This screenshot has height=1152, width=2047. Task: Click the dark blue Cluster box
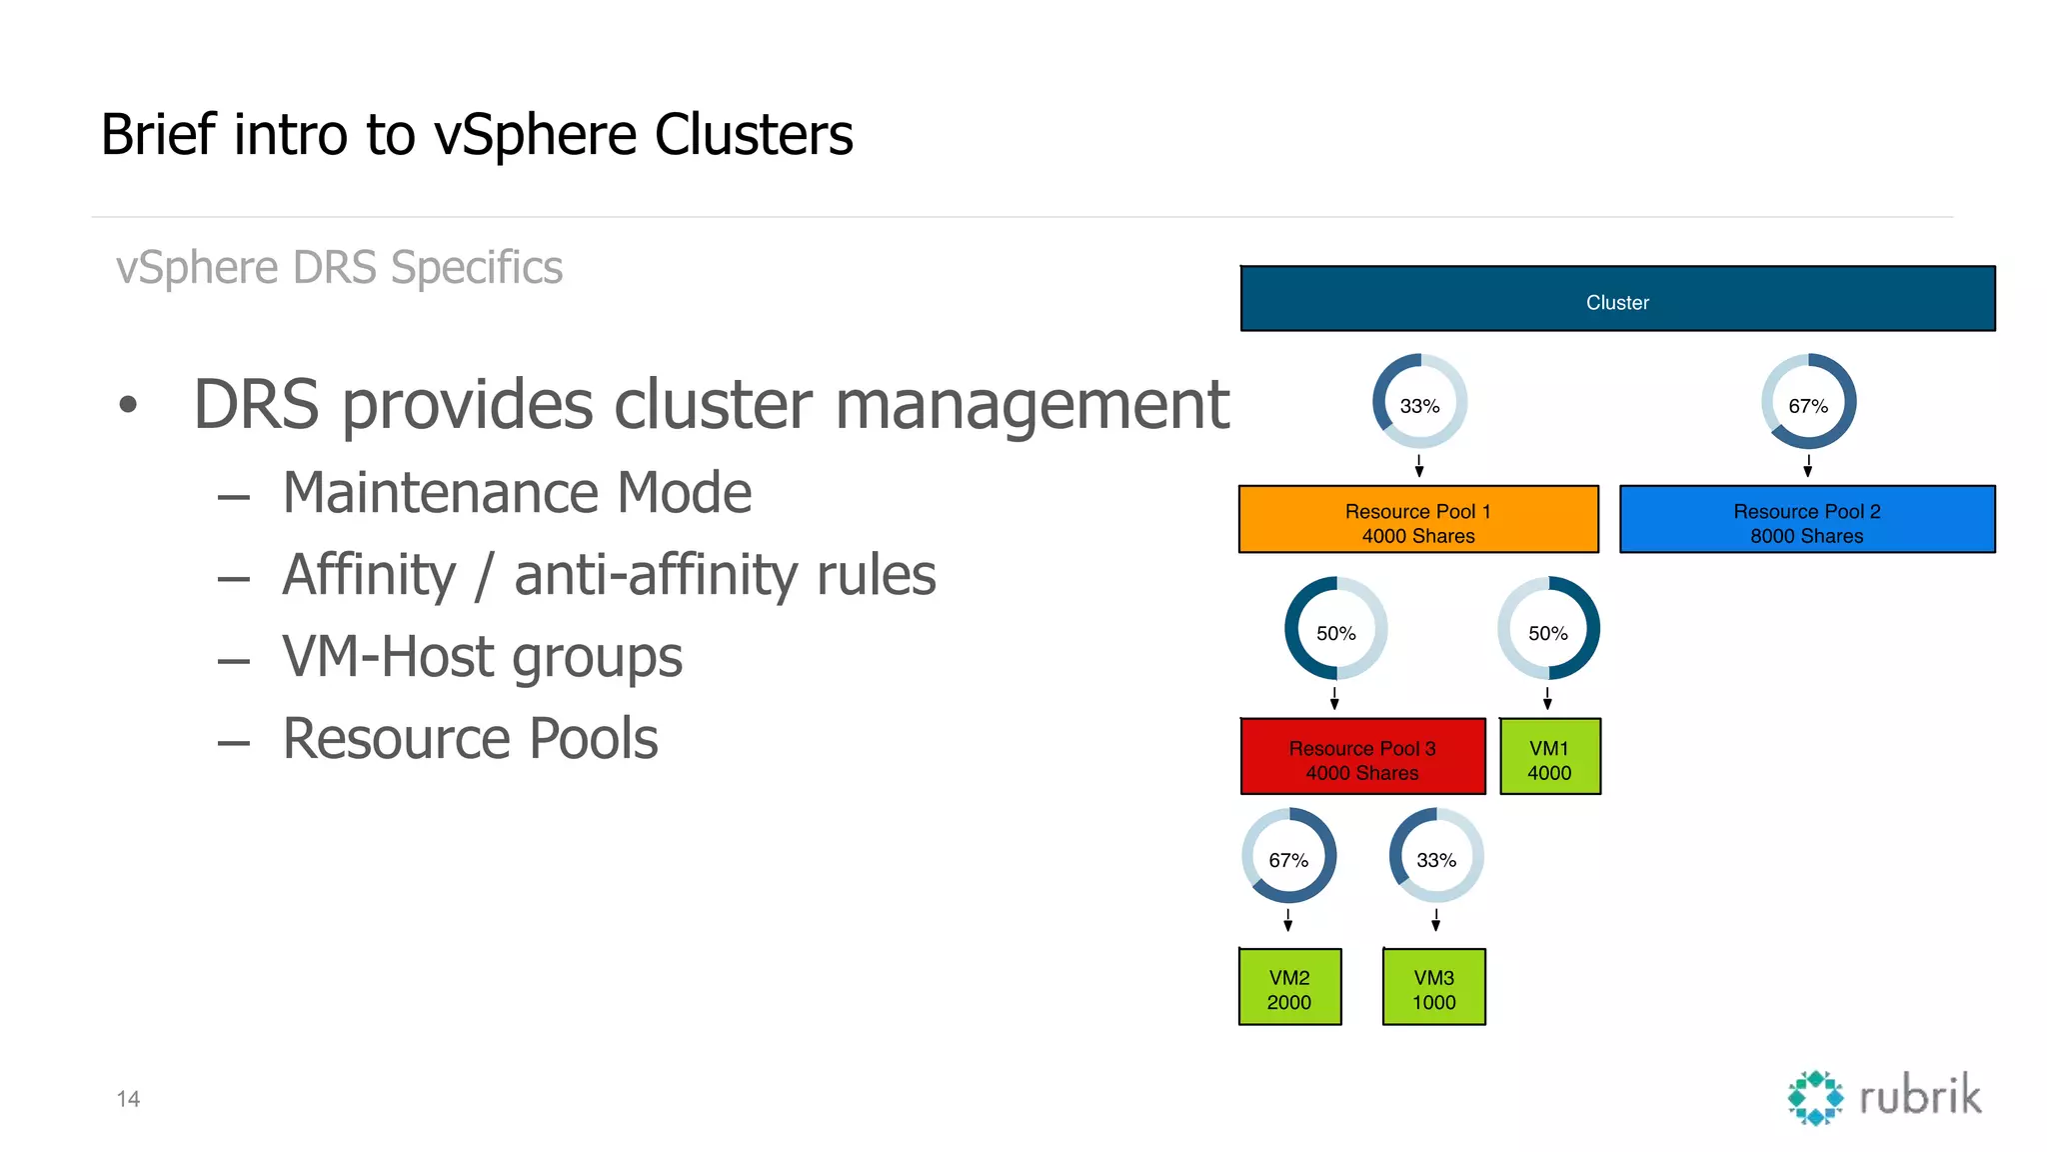click(x=1617, y=299)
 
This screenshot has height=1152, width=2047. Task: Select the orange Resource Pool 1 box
click(x=1417, y=520)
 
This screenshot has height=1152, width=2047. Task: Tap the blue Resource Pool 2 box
click(x=1806, y=520)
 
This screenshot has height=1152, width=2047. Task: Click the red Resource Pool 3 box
click(x=1362, y=757)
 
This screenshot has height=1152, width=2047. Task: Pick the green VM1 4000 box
click(x=1549, y=757)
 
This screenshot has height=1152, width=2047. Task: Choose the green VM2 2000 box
click(x=1289, y=987)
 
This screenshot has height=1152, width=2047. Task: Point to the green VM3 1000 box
click(x=1433, y=987)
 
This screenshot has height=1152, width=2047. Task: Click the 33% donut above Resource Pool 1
click(x=1419, y=402)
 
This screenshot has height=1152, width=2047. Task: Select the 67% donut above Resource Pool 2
click(x=1808, y=402)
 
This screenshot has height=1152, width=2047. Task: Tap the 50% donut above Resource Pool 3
click(x=1335, y=629)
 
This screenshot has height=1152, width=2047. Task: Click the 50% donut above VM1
click(x=1548, y=629)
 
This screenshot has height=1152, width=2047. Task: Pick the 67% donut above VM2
click(x=1288, y=856)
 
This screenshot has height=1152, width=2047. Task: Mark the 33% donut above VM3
click(x=1436, y=856)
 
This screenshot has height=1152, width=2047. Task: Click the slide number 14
click(x=128, y=1099)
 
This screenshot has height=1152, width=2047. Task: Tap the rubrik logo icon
click(x=1815, y=1098)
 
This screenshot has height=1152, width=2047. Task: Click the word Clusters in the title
click(x=754, y=135)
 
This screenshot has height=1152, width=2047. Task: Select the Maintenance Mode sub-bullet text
click(x=517, y=493)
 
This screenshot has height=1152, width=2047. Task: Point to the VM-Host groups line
click(x=482, y=657)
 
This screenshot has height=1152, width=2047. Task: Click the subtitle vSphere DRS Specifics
click(x=339, y=268)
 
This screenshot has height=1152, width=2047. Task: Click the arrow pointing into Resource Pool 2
click(x=1807, y=466)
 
